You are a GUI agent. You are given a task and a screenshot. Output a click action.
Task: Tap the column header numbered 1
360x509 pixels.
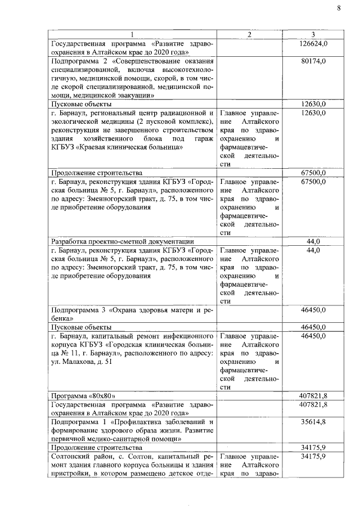[133, 34]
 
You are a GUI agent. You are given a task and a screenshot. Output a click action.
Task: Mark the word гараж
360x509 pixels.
[201, 138]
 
